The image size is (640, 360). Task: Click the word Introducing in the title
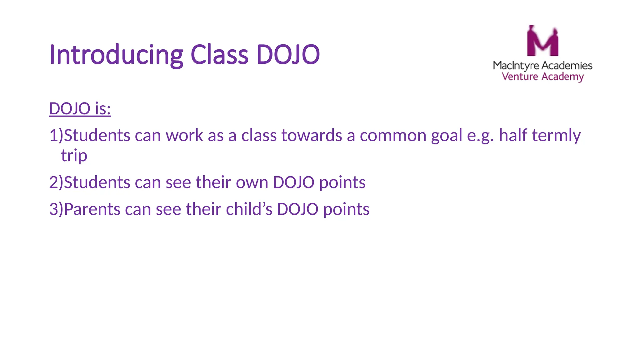point(116,55)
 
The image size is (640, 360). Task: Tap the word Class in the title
point(219,55)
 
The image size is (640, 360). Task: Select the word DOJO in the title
point(288,55)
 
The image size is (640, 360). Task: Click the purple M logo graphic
point(542,41)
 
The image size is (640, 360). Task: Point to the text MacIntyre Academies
point(542,65)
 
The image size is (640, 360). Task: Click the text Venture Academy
point(542,77)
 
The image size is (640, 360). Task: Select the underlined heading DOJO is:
point(80,109)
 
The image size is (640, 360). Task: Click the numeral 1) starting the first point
point(56,136)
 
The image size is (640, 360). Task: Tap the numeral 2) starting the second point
point(56,182)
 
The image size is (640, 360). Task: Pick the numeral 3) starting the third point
point(56,209)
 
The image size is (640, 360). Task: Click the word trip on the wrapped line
point(74,156)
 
